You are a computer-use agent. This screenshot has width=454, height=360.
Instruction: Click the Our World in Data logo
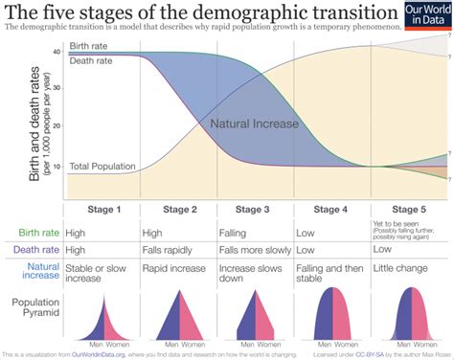pyautogui.click(x=426, y=16)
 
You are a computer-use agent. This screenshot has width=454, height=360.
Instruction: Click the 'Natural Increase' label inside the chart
pyautogui.click(x=254, y=124)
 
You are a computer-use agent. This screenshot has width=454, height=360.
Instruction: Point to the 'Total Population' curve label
pyautogui.click(x=102, y=167)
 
